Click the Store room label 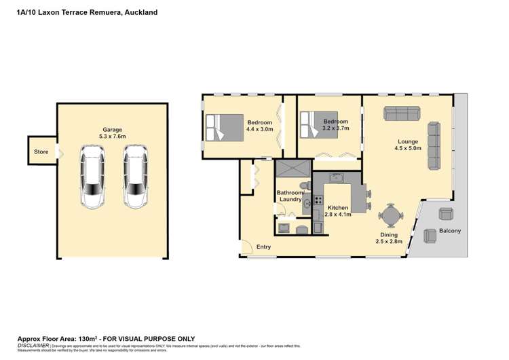(x=41, y=151)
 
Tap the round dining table (x=390, y=217)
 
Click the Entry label (x=263, y=247)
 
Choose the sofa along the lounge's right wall (x=434, y=145)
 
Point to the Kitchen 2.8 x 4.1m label (x=337, y=211)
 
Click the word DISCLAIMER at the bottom (x=33, y=346)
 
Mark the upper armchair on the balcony (x=445, y=213)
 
